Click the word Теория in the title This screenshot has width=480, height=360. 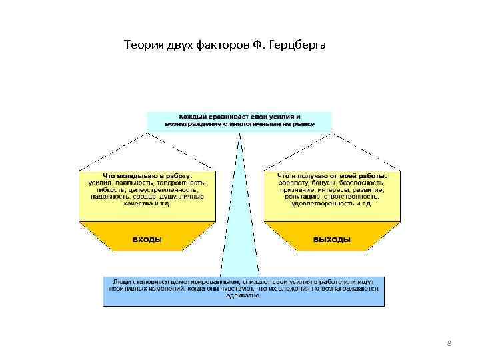pos(140,45)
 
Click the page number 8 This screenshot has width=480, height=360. pos(449,343)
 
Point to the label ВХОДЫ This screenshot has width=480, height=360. pos(147,239)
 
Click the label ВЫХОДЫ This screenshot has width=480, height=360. pos(331,239)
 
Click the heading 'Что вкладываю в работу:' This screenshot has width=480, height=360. pos(146,175)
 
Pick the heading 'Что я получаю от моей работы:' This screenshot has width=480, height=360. pos(332,175)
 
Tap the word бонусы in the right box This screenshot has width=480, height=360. pos(327,182)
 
